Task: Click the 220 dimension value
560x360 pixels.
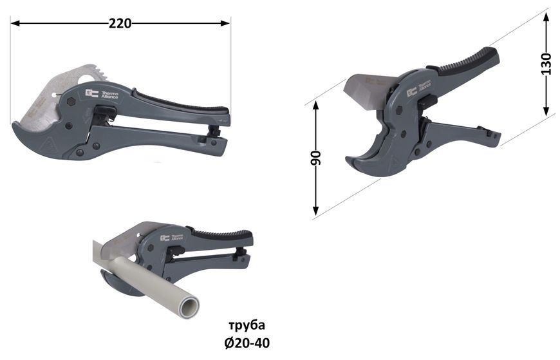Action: pyautogui.click(x=120, y=24)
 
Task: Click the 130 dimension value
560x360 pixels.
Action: pyautogui.click(x=546, y=64)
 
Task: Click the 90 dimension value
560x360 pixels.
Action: pyautogui.click(x=315, y=158)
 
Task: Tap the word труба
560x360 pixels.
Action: pyautogui.click(x=247, y=326)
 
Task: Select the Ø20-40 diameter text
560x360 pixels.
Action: pyautogui.click(x=247, y=343)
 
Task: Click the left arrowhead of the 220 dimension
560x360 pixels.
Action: pyautogui.click(x=15, y=24)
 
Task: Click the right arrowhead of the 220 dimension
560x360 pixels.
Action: pyautogui.click(x=225, y=24)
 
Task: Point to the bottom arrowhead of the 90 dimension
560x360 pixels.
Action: pyautogui.click(x=315, y=211)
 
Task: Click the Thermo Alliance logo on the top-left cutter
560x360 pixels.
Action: pyautogui.click(x=102, y=93)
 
